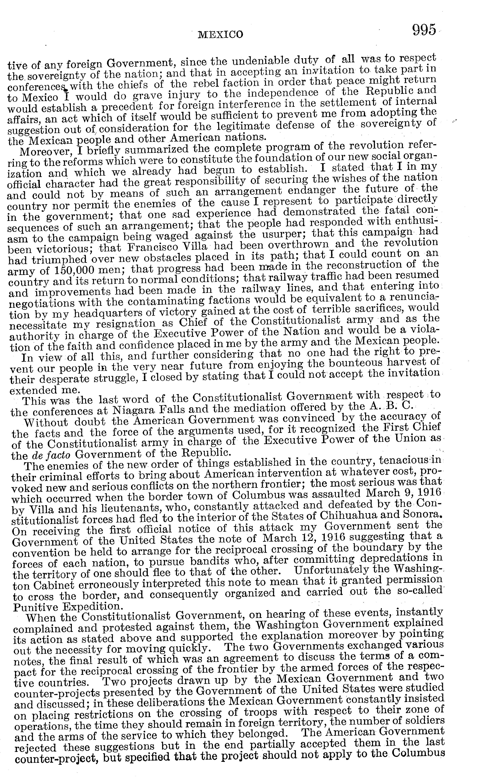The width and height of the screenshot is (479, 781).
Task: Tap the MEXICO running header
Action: [x=220, y=34]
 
